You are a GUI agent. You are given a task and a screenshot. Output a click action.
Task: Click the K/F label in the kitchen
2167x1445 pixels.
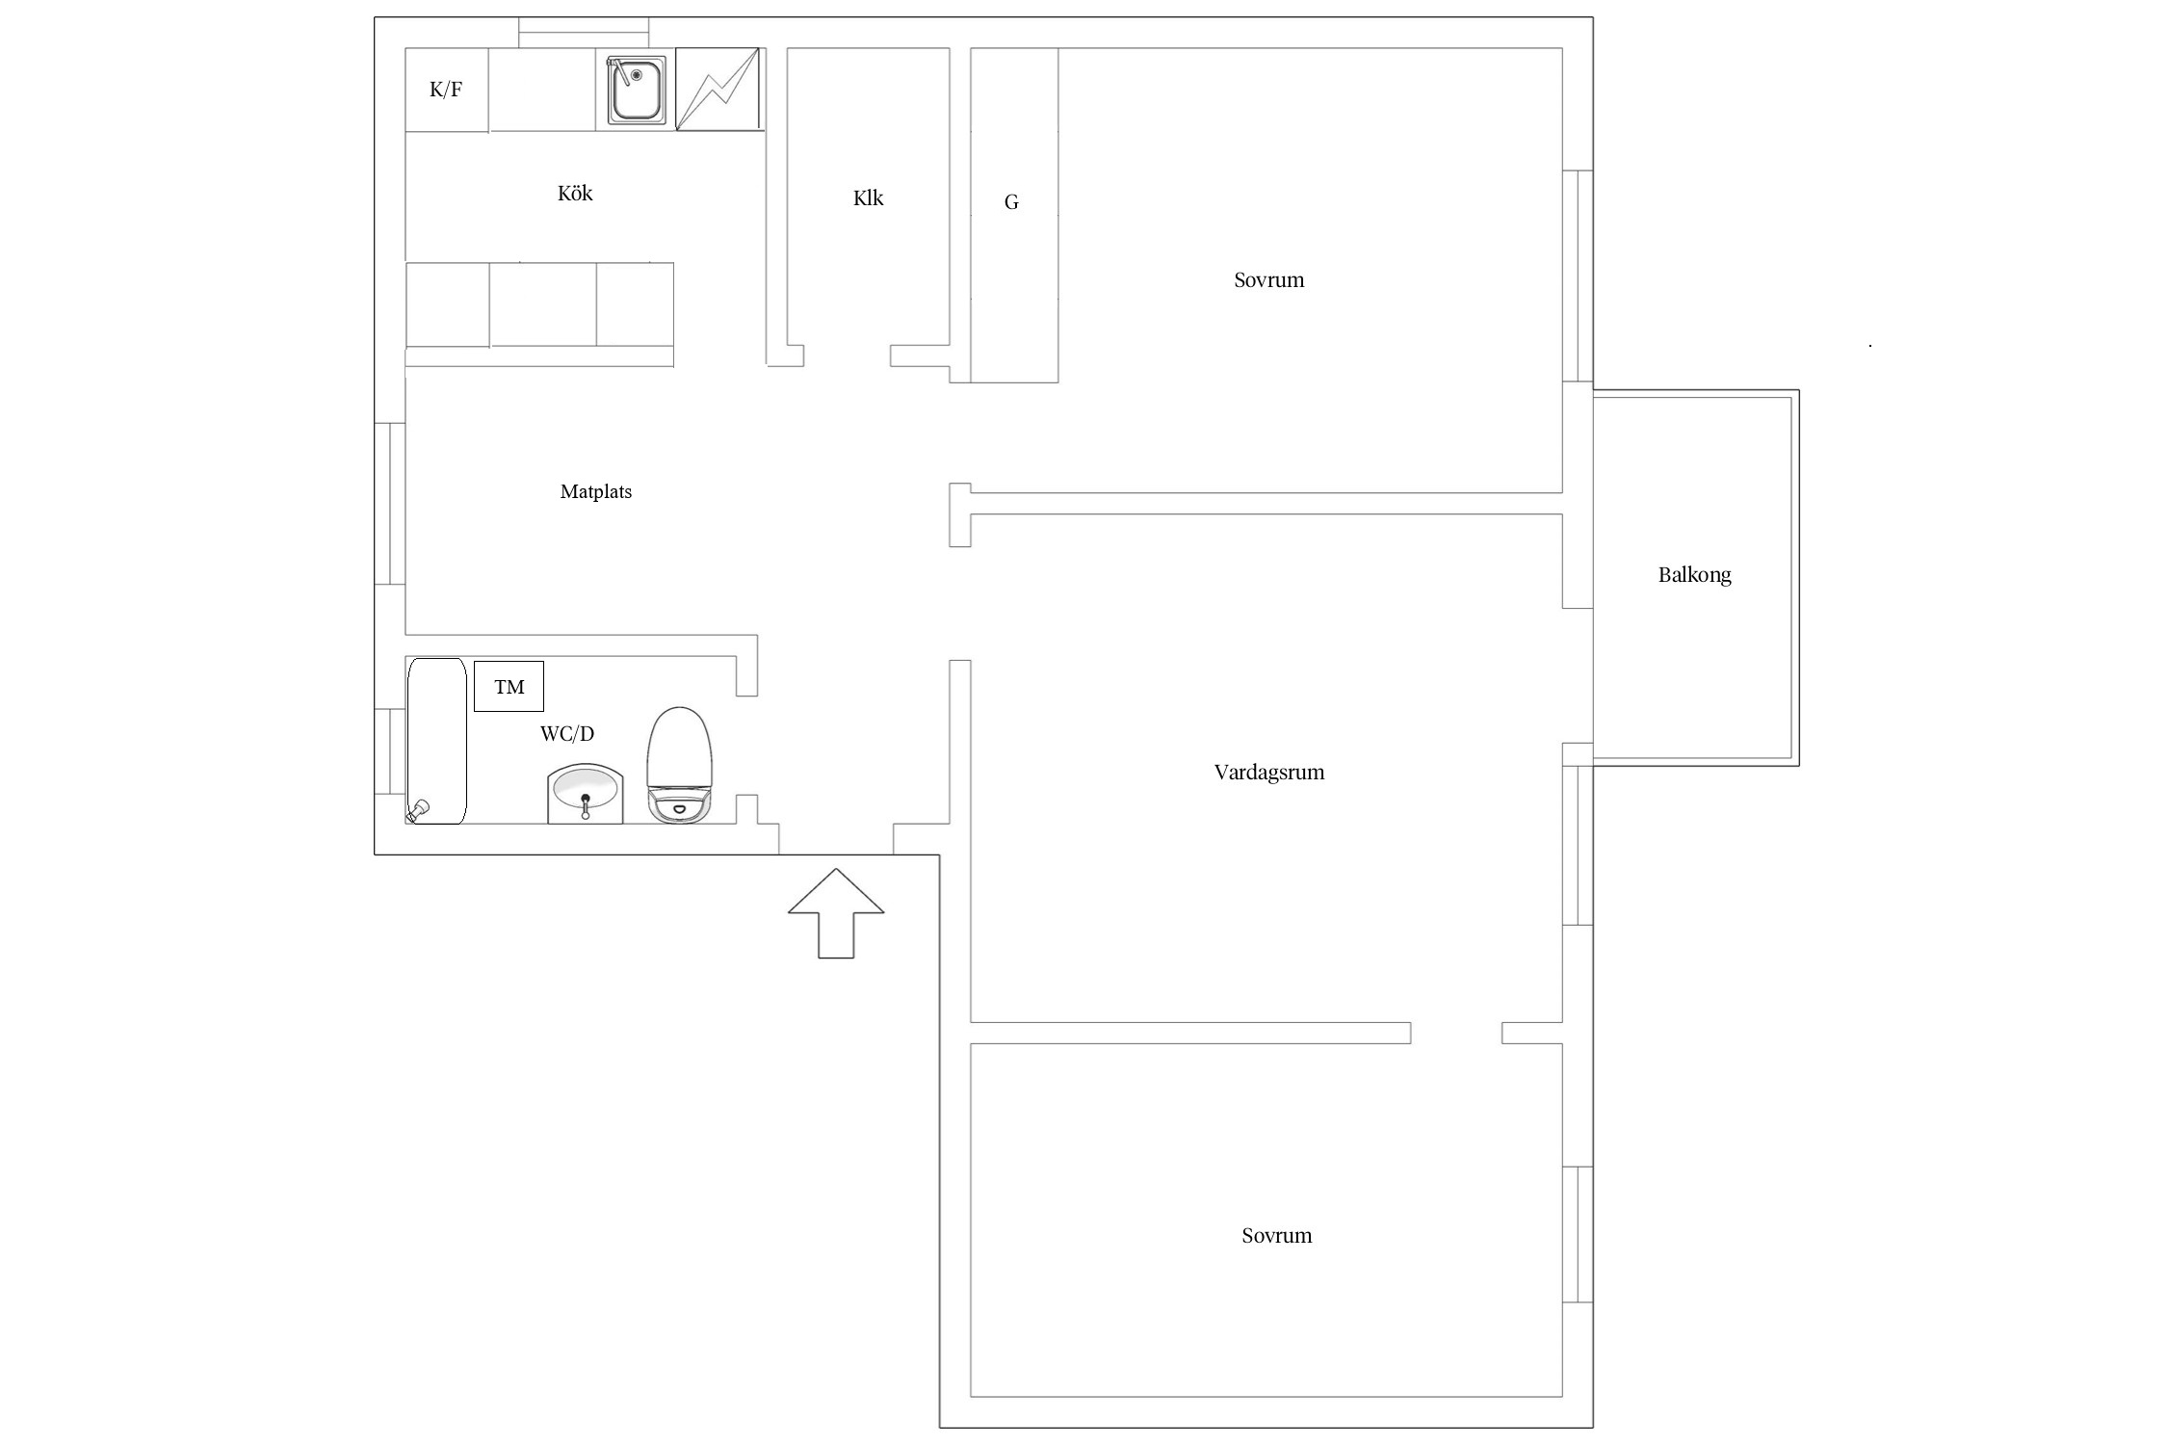446,91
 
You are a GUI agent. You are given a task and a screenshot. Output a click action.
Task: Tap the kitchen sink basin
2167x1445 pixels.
636,90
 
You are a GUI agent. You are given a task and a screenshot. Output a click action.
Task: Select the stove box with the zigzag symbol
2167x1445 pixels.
718,90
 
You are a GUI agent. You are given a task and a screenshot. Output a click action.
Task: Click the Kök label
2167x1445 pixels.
575,194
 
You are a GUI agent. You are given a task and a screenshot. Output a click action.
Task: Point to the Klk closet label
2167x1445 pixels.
868,198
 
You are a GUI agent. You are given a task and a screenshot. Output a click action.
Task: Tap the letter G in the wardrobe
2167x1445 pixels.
1011,202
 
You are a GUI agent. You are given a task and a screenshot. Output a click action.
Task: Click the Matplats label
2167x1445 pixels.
596,492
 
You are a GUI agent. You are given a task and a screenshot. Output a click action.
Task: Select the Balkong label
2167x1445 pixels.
1695,575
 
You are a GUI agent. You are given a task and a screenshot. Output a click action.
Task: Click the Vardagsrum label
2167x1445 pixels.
1269,773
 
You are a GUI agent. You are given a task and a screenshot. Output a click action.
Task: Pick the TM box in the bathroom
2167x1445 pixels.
509,687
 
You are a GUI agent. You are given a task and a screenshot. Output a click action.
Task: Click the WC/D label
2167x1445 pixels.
567,734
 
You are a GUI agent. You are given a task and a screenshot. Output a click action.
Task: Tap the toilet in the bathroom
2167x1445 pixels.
680,766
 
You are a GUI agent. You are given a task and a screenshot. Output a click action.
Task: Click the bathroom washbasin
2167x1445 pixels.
586,794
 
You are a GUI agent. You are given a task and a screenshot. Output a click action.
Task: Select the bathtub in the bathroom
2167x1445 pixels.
436,741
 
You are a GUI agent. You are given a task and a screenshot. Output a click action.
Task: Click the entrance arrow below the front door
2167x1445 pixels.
836,913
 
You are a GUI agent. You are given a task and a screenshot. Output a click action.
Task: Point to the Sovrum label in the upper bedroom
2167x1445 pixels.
1269,280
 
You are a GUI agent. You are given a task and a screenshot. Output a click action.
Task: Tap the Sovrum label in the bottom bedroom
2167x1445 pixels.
1277,1236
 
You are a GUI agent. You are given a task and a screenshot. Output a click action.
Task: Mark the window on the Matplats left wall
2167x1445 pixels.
390,504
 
